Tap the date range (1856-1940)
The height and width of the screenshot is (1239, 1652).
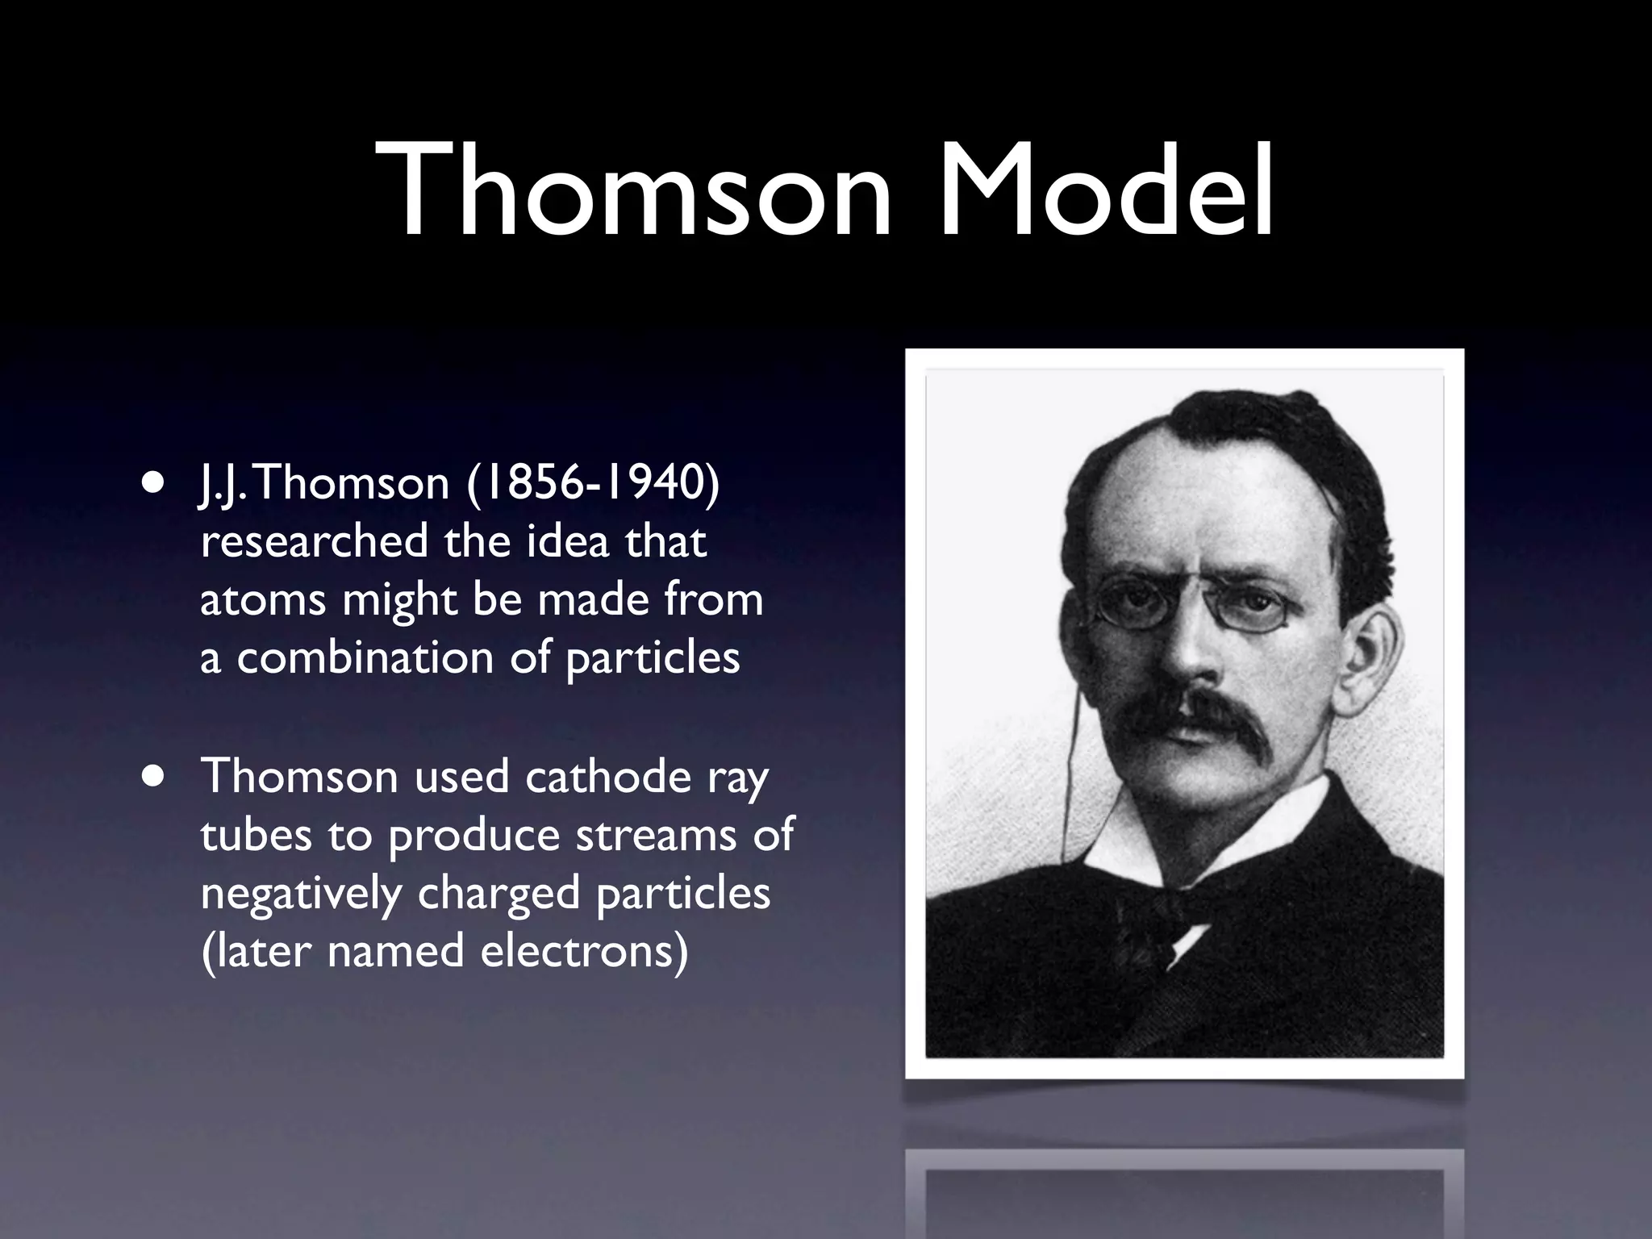tap(593, 483)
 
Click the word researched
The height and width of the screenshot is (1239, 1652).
tap(315, 541)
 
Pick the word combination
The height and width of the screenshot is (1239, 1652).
tap(365, 658)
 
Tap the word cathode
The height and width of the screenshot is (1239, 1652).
tap(609, 777)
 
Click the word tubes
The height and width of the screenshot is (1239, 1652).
tap(256, 835)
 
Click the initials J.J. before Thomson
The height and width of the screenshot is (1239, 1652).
tap(219, 485)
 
